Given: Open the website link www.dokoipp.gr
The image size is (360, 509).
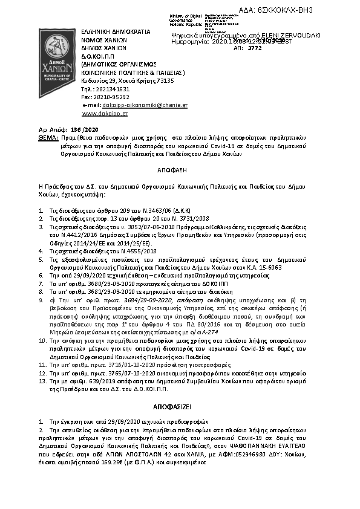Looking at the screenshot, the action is pyautogui.click(x=105, y=114).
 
